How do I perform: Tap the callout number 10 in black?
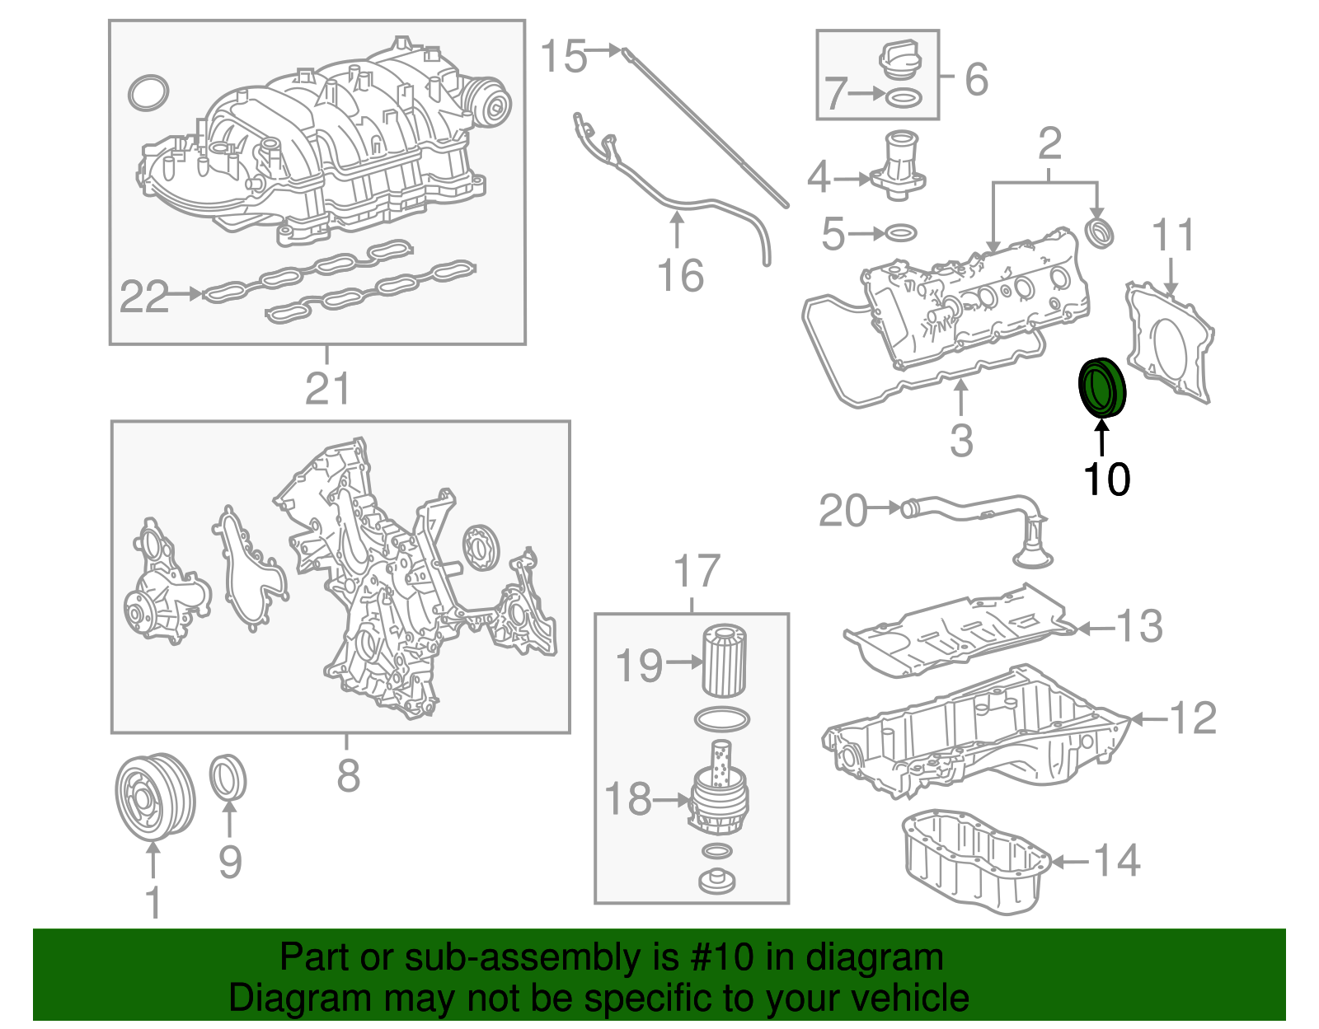click(1106, 479)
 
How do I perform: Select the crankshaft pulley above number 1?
click(154, 796)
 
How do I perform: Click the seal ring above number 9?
click(228, 777)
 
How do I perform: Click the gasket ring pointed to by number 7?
click(904, 99)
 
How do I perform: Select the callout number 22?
click(144, 297)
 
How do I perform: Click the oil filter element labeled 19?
click(724, 662)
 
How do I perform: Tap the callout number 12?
click(1192, 718)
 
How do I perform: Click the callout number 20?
click(843, 511)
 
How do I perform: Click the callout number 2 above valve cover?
click(1049, 144)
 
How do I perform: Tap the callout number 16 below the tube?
click(681, 276)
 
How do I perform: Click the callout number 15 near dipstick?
click(563, 57)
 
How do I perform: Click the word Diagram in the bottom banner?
click(289, 998)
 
